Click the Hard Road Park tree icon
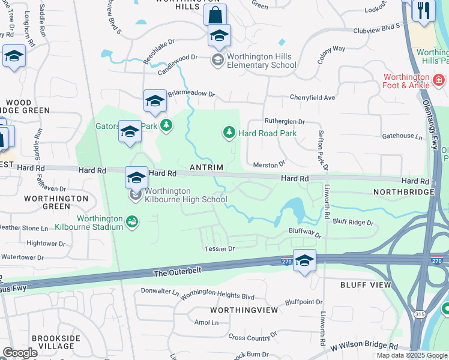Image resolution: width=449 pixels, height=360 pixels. (229, 132)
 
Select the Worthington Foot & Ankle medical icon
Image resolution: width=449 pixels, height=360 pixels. (439, 79)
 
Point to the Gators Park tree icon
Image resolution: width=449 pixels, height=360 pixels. (166, 125)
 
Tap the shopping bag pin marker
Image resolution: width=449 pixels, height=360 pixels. (215, 14)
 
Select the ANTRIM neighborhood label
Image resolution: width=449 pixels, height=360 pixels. (206, 167)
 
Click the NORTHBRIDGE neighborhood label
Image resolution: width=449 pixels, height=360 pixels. (403, 191)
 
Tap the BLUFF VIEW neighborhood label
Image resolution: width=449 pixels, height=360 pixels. (358, 285)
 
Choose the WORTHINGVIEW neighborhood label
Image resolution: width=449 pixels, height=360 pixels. (244, 310)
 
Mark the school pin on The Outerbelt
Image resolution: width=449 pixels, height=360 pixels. (305, 260)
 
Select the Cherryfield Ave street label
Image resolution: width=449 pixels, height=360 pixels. (312, 97)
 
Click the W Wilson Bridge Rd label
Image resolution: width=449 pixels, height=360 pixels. (364, 346)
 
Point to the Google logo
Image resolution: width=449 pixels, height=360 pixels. (20, 353)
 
